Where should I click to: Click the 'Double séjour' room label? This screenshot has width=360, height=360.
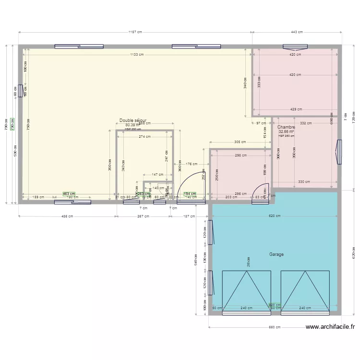133,121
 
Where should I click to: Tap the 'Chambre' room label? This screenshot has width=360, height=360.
286,127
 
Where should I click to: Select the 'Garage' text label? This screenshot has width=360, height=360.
276,254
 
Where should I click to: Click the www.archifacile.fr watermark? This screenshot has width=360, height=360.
331,327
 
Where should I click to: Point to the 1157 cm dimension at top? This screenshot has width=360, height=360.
135,32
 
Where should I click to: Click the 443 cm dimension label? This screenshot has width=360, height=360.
297,32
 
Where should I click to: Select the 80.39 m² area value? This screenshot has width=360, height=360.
132,125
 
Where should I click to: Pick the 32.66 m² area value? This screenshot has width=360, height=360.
286,132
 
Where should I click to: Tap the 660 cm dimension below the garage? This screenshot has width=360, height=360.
274,327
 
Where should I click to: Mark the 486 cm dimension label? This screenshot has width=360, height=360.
67,216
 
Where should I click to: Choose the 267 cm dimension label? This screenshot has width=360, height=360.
143,216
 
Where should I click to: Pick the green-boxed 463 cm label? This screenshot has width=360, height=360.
69,194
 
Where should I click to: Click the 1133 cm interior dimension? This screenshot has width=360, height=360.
136,55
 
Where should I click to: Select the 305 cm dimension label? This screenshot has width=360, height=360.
240,142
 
